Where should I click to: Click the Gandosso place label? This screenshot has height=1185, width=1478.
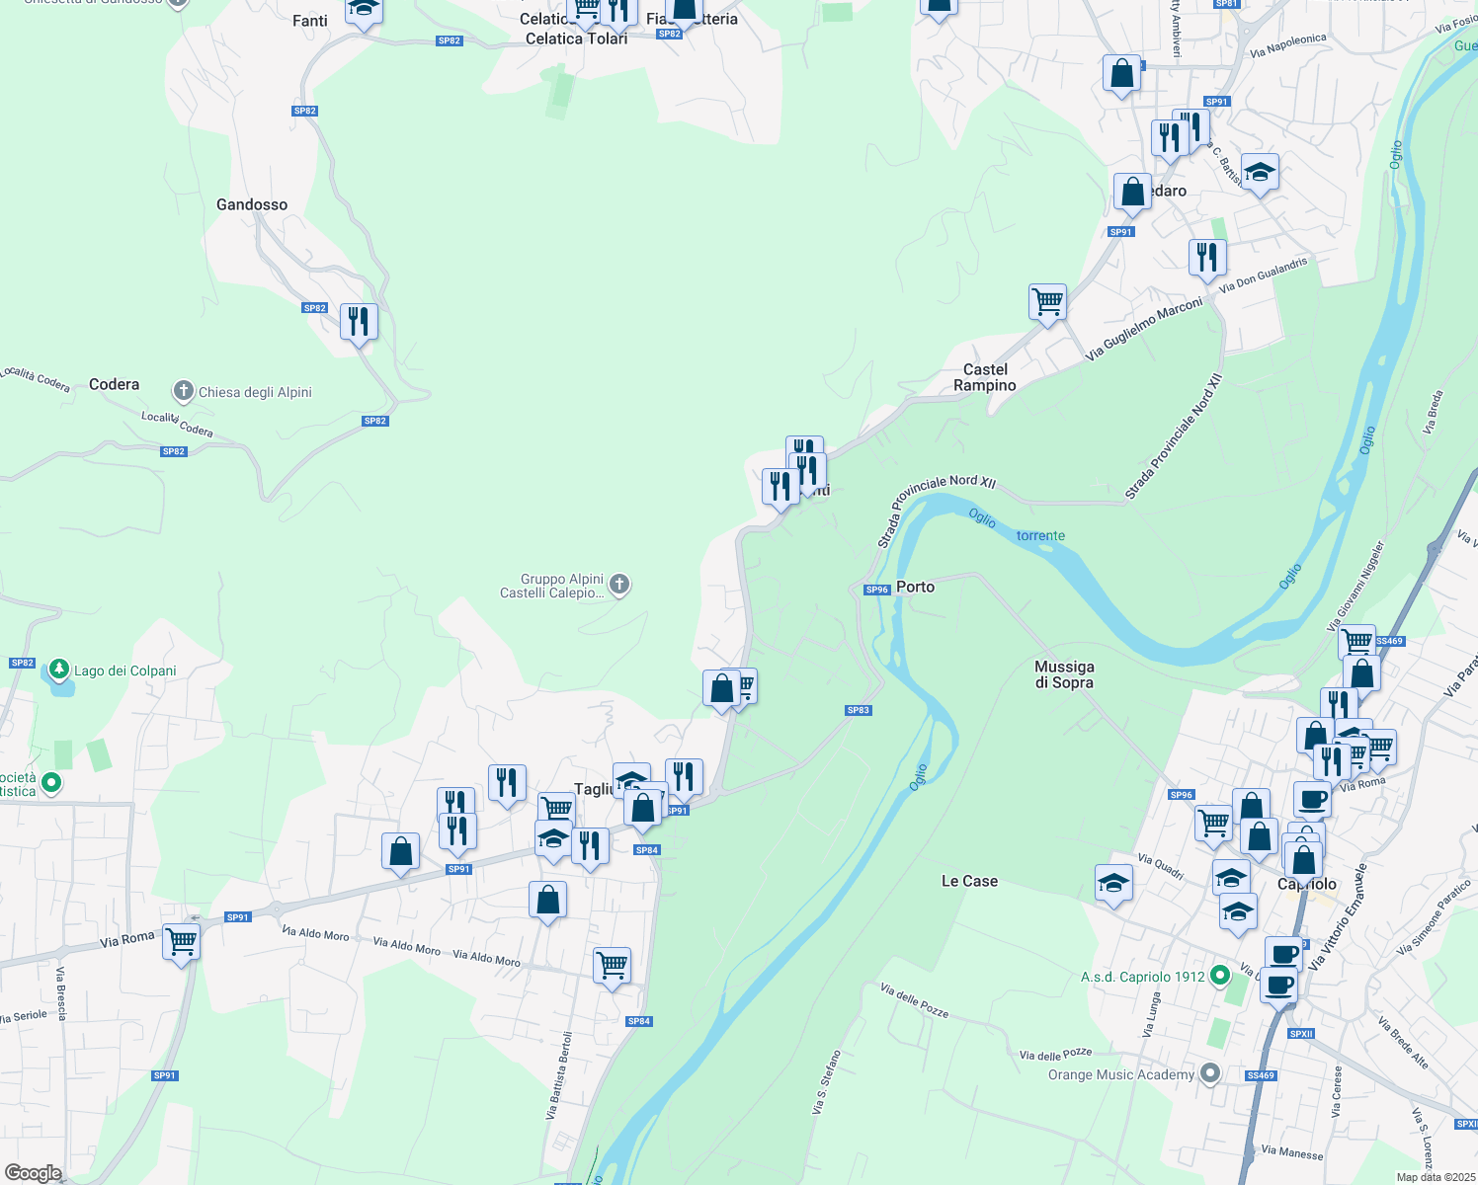pos(252,204)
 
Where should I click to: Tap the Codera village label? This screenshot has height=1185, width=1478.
pos(114,384)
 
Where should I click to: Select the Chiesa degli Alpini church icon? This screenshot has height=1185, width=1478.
pos(183,391)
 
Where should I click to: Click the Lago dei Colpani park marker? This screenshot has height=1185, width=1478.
pos(59,671)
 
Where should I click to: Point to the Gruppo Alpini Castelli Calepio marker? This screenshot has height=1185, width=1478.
pos(619,585)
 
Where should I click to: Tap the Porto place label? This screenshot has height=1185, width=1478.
pos(915,587)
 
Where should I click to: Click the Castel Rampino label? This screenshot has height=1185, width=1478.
pos(985,377)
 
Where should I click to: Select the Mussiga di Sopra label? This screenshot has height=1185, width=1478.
pos(1064,674)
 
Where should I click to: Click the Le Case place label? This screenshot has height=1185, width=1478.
pos(969,881)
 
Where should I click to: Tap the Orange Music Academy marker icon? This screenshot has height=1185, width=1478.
pos(1210,1073)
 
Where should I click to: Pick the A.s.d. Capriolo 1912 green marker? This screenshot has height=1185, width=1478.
pos(1220,976)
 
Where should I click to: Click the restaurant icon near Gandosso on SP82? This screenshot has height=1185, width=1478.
pos(359,321)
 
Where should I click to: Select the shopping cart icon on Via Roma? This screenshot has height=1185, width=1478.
pos(182,942)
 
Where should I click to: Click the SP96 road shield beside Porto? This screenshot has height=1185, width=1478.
pos(877,590)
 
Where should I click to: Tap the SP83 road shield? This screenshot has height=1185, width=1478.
pos(859,710)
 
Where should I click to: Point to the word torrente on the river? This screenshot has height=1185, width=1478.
pos(1040,535)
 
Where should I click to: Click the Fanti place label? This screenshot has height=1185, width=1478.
pos(309,21)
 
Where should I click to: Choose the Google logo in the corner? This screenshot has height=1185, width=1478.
pos(33,1173)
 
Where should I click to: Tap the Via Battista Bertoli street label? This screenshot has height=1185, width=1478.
pos(558,1075)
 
